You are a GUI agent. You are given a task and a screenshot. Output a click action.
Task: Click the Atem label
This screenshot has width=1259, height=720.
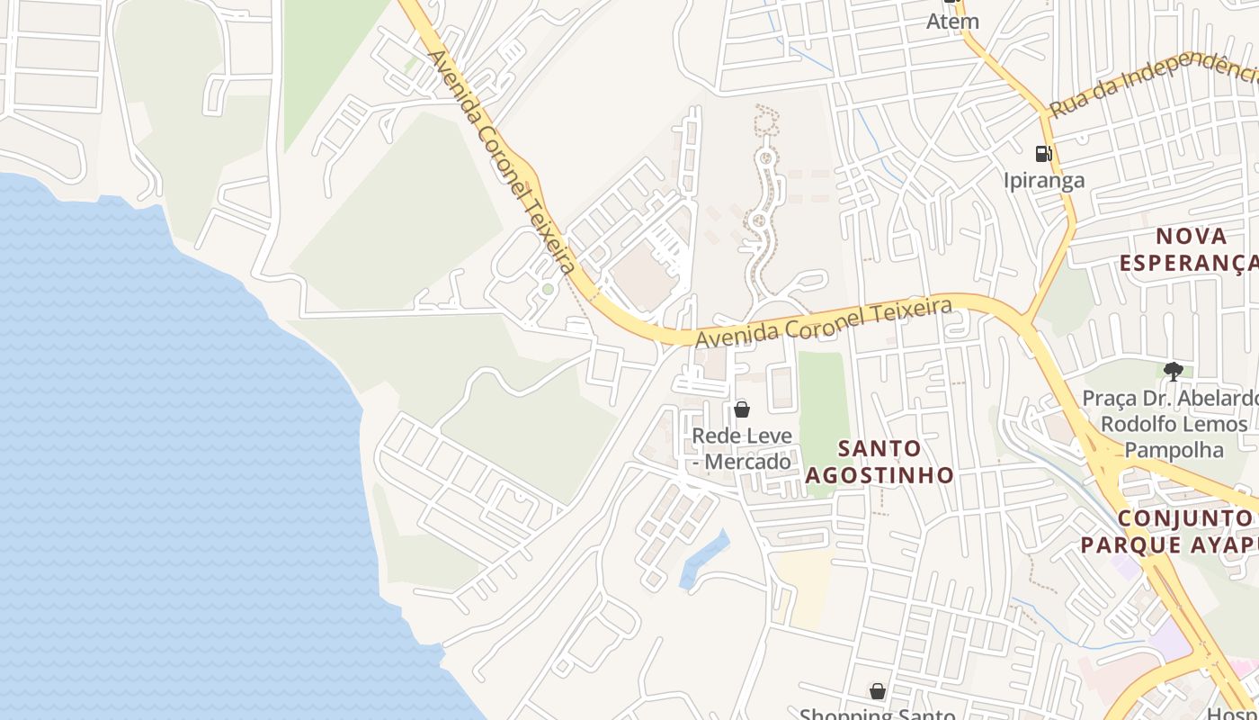952,21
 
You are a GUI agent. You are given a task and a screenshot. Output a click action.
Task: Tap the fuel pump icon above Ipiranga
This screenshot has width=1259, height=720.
1043,154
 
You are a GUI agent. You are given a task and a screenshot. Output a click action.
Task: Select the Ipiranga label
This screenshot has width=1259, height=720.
1044,180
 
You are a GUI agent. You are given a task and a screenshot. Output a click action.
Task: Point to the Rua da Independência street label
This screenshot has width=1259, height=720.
1151,84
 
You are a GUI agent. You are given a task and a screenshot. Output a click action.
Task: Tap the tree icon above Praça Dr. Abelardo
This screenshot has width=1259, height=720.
1173,371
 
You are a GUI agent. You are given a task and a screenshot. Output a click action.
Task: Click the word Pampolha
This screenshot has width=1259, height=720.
1174,449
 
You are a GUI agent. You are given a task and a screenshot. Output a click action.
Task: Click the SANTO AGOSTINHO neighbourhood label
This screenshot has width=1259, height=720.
879,461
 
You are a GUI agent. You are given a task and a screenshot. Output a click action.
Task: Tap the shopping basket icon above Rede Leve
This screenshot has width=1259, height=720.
742,409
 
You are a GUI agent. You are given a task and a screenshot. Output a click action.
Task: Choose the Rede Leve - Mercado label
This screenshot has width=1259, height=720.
742,448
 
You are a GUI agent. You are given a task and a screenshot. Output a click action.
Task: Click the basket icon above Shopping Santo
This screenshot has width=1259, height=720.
878,691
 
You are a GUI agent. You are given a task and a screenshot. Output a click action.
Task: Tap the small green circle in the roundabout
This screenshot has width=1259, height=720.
548,289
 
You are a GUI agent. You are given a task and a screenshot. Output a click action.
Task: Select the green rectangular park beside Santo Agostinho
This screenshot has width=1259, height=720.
824,405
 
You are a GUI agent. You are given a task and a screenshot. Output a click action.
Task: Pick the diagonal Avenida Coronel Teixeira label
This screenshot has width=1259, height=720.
501,162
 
